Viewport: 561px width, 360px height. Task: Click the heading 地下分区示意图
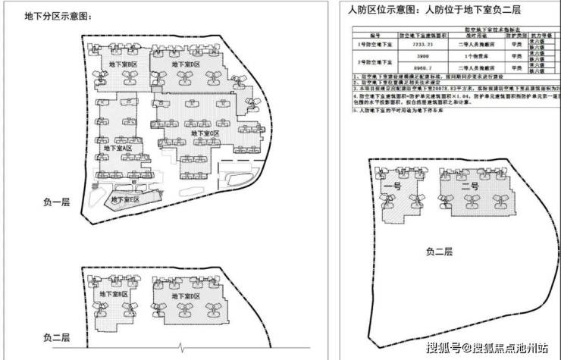[52, 16]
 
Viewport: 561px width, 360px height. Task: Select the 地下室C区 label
[205, 133]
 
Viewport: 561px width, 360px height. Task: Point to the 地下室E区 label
[126, 199]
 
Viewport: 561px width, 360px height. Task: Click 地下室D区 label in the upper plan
[186, 65]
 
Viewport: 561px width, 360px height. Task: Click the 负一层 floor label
[57, 203]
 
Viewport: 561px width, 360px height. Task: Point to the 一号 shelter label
[392, 186]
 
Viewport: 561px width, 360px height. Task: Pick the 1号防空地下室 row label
[374, 45]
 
